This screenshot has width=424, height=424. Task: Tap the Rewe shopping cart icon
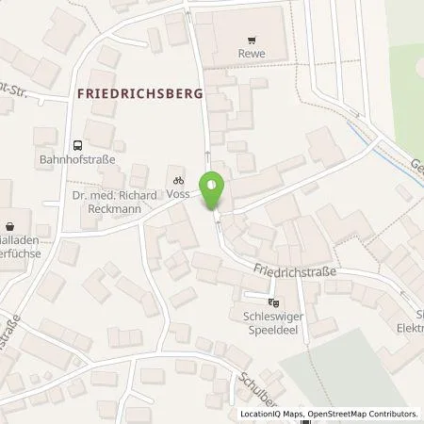point(251,40)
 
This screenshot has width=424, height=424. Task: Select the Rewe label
point(251,55)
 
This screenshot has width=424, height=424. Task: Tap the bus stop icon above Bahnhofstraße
point(77,145)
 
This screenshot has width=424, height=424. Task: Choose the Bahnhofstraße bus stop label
point(77,160)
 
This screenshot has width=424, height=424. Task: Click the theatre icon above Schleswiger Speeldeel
point(272,303)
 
